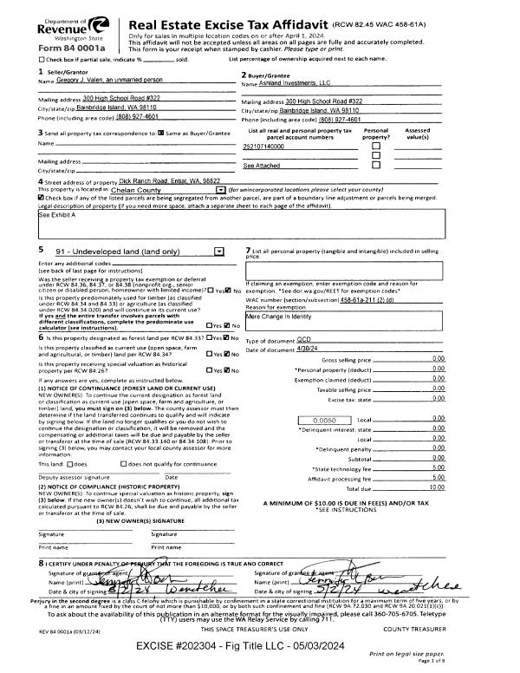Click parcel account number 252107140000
pos(264,147)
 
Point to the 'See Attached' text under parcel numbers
pos(260,165)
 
